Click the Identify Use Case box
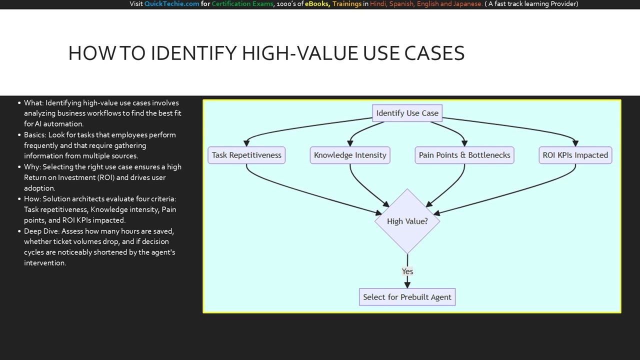coord(407,113)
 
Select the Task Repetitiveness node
coord(246,155)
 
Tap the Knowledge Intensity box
coord(350,155)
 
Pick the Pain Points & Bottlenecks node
coord(464,155)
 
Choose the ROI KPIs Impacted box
coord(575,155)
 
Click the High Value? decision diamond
coord(407,221)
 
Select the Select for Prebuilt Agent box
coord(407,297)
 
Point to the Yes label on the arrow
coord(407,271)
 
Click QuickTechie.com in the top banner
coord(171,4)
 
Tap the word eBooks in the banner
coord(316,4)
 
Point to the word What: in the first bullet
coord(33,103)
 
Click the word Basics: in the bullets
coord(35,135)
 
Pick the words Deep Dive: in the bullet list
coord(41,231)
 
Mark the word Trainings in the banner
coord(346,4)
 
